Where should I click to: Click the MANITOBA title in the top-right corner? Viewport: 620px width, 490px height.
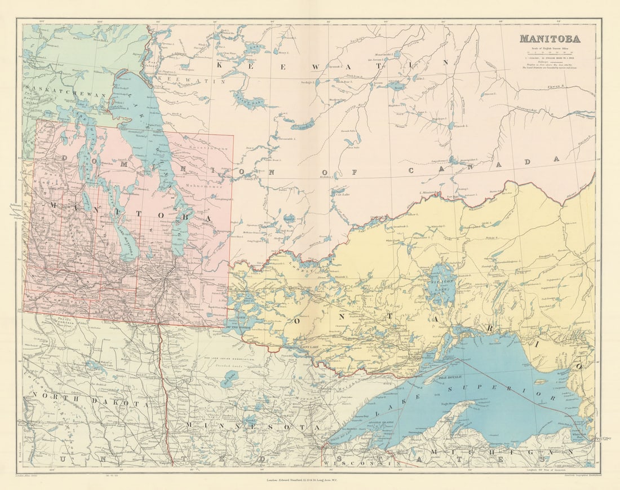click(x=549, y=39)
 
